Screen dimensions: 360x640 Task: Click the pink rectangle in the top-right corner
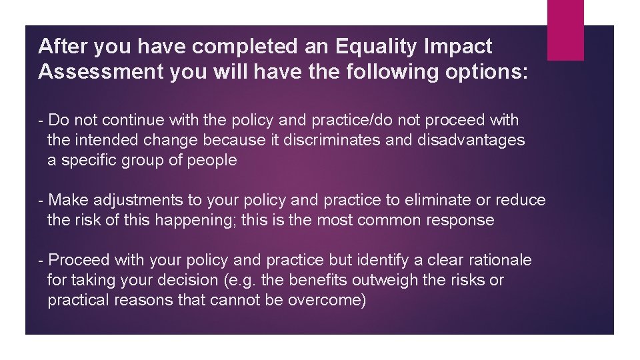pyautogui.click(x=565, y=30)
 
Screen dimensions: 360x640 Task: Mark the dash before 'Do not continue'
pyautogui.click(x=42, y=120)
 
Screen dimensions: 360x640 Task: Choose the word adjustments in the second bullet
pyautogui.click(x=139, y=200)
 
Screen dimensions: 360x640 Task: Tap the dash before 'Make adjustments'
pyautogui.click(x=42, y=200)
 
